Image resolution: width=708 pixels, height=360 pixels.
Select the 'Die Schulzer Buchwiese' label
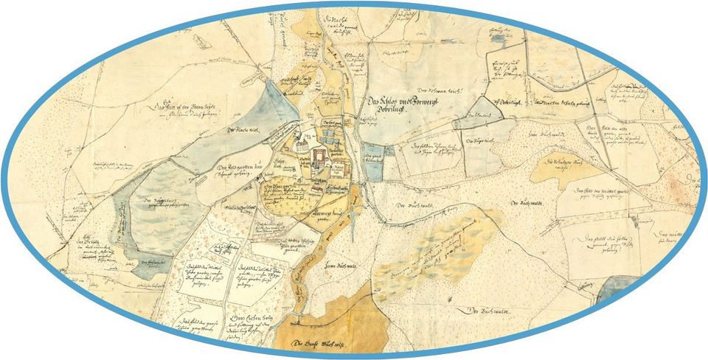click(561, 165)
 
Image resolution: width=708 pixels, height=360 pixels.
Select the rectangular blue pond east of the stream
click(370, 156)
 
